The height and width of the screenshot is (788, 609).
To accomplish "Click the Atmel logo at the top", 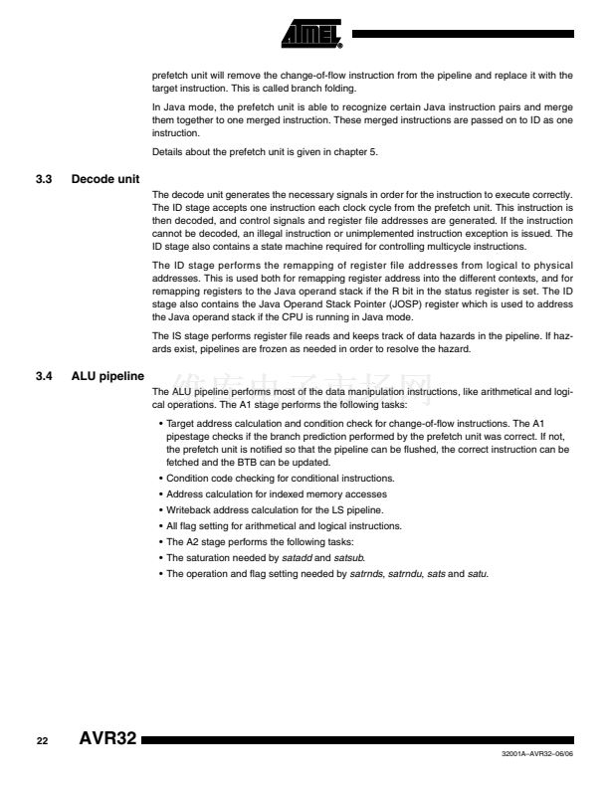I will coord(310,34).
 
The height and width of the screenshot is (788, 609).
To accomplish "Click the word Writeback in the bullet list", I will coord(189,508).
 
